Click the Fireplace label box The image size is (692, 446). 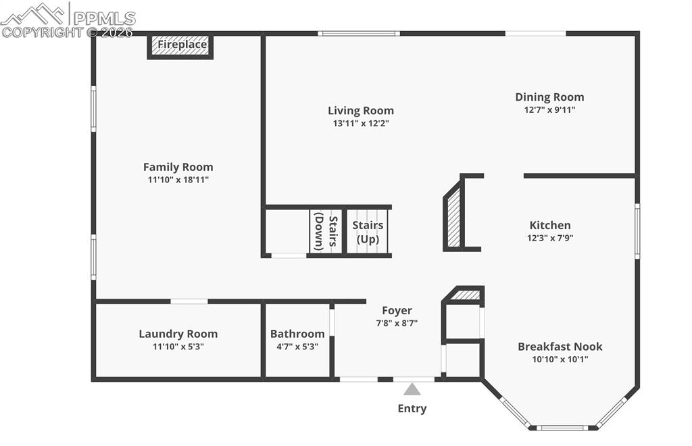pyautogui.click(x=181, y=46)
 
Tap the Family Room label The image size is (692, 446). pyautogui.click(x=178, y=167)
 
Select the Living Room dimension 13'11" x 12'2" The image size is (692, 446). pyautogui.click(x=361, y=124)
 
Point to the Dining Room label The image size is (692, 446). pyautogui.click(x=549, y=97)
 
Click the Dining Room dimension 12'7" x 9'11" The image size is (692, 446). pyautogui.click(x=549, y=109)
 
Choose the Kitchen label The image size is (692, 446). pyautogui.click(x=549, y=225)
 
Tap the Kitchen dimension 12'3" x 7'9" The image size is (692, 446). pyautogui.click(x=549, y=238)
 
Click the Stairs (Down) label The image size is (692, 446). pyautogui.click(x=326, y=232)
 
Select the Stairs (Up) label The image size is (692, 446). pyautogui.click(x=368, y=232)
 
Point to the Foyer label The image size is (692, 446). pyautogui.click(x=397, y=310)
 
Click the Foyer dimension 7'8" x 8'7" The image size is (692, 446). pyautogui.click(x=397, y=323)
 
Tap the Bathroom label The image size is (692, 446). pyautogui.click(x=297, y=334)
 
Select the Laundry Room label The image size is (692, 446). pyautogui.click(x=178, y=334)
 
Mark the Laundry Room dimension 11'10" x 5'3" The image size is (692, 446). pyautogui.click(x=178, y=347)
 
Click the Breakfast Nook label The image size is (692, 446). pyautogui.click(x=560, y=347)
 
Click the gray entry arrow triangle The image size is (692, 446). pyautogui.click(x=412, y=389)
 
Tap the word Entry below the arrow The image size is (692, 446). pyautogui.click(x=412, y=408)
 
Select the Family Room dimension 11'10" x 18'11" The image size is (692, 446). pyautogui.click(x=178, y=180)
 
